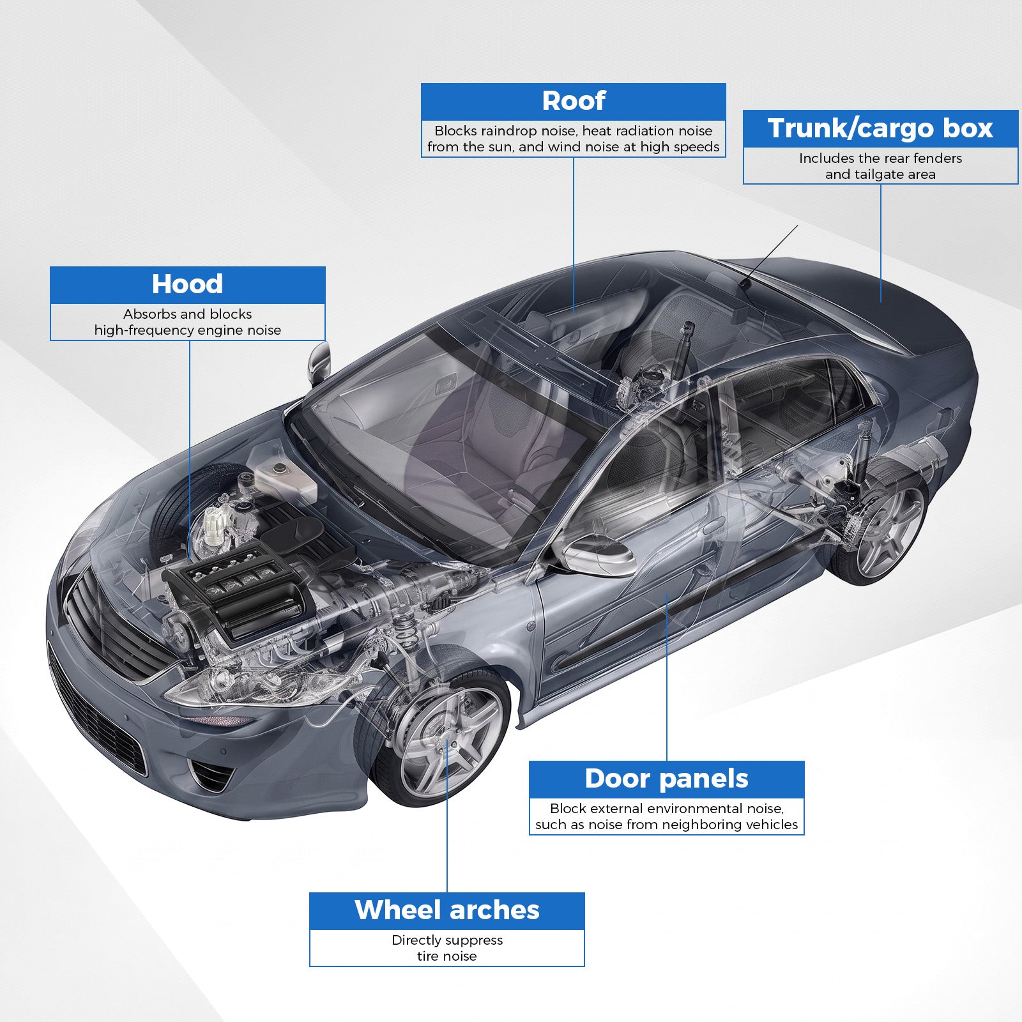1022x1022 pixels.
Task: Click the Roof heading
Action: coord(574,101)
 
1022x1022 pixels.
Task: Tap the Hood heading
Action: coord(187,284)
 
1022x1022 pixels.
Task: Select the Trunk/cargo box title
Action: coord(880,128)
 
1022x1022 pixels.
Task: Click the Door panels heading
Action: coord(666,779)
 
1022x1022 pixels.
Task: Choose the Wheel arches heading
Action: coord(447,910)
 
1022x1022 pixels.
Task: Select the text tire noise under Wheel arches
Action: coord(447,956)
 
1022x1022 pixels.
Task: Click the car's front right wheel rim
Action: coord(449,742)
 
